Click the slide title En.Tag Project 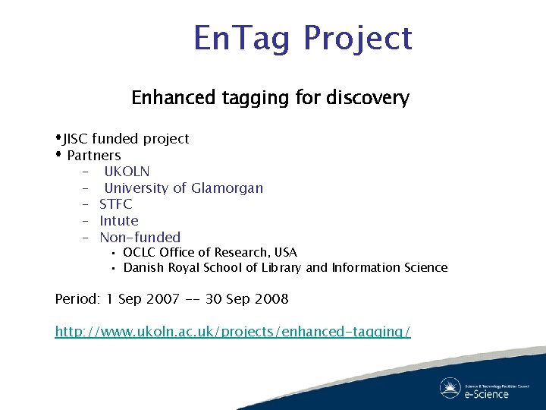[303, 39]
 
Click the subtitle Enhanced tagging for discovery [270, 98]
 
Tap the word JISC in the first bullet [76, 139]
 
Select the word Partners [93, 156]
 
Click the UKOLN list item [127, 172]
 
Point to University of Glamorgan [184, 188]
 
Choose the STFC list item [115, 204]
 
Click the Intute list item [119, 221]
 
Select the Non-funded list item [140, 238]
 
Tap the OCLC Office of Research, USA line [209, 252]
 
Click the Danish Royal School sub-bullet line [285, 267]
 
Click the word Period [77, 299]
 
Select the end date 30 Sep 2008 [246, 299]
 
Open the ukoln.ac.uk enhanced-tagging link [233, 332]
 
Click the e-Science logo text [485, 393]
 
